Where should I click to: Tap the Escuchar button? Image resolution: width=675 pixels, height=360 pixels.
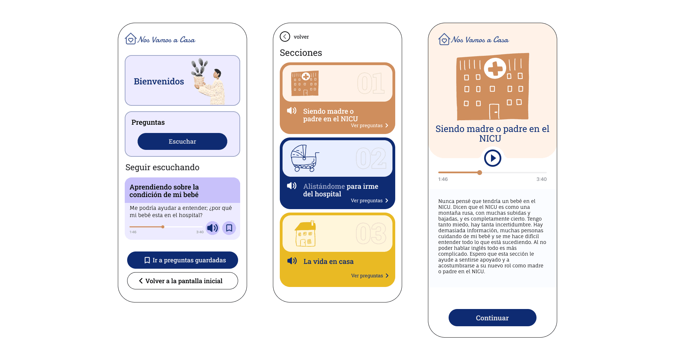[x=182, y=141]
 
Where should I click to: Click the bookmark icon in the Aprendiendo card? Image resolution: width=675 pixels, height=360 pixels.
[x=229, y=228]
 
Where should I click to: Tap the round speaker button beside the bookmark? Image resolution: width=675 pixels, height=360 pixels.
[x=213, y=228]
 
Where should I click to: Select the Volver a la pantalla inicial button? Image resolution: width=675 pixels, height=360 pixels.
[x=182, y=281]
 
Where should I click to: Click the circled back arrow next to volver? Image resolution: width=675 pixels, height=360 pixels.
[x=285, y=37]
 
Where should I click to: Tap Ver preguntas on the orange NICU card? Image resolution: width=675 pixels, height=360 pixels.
[x=369, y=125]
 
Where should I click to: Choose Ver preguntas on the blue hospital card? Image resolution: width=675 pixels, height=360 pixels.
[x=369, y=200]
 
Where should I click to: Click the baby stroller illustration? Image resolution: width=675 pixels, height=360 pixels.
[x=305, y=158]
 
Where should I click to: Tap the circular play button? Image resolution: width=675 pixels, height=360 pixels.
[x=492, y=158]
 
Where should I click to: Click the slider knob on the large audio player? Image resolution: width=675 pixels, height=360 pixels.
[x=480, y=173]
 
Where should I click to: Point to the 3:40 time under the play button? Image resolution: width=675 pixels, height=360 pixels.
[x=541, y=179]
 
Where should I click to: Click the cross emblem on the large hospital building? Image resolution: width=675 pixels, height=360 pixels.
[x=495, y=69]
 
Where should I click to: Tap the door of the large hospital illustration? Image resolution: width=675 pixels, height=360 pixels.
[x=494, y=111]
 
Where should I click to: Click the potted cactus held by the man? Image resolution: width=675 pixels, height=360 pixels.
[x=200, y=73]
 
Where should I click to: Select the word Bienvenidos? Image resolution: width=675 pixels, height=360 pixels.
[x=159, y=81]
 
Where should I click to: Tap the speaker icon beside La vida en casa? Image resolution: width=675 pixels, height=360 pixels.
[x=292, y=261]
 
